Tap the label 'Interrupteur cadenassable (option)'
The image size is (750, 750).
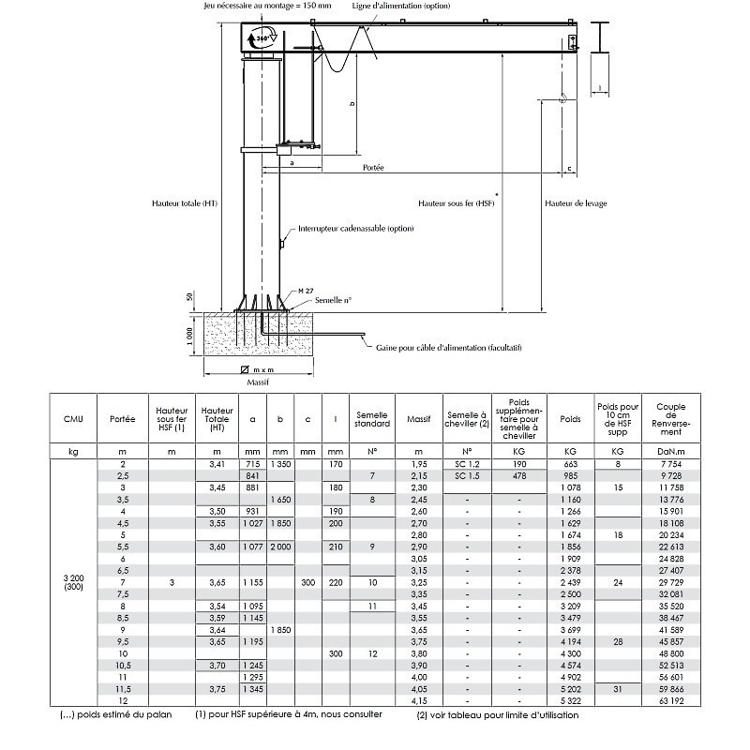point(355,228)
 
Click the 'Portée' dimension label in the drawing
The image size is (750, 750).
point(373,167)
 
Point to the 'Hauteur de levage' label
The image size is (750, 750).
point(576,202)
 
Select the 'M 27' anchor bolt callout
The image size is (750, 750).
point(304,291)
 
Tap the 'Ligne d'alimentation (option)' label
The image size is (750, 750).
point(400,6)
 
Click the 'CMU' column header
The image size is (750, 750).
point(73,418)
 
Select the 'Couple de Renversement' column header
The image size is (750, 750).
point(671,418)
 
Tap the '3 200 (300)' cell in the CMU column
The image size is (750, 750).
point(73,585)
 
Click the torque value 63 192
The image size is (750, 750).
point(671,700)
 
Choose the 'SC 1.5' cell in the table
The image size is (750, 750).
point(466,476)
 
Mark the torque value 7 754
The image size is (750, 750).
point(671,464)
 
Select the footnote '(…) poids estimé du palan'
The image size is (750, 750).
point(106,714)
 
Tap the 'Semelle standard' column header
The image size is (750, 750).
point(372,418)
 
